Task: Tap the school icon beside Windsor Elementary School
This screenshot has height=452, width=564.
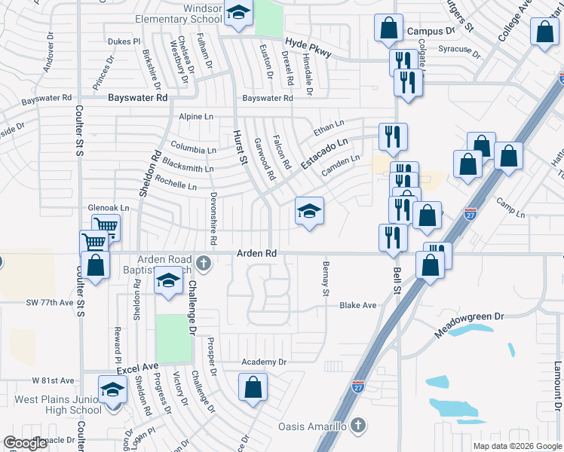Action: coord(239,14)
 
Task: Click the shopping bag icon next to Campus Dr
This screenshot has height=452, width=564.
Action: coord(388,29)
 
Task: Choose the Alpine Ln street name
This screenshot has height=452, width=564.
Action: coord(197,117)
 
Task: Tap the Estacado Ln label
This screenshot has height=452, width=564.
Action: coord(325,153)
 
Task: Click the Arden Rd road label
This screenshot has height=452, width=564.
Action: coord(257,254)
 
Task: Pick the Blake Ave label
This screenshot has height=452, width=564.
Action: coord(357,305)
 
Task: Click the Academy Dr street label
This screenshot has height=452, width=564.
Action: coord(264,362)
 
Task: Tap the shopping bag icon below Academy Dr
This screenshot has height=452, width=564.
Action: coord(253,387)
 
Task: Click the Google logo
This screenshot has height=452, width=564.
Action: coord(26,443)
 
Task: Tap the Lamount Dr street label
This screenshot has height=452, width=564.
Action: coord(556,384)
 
